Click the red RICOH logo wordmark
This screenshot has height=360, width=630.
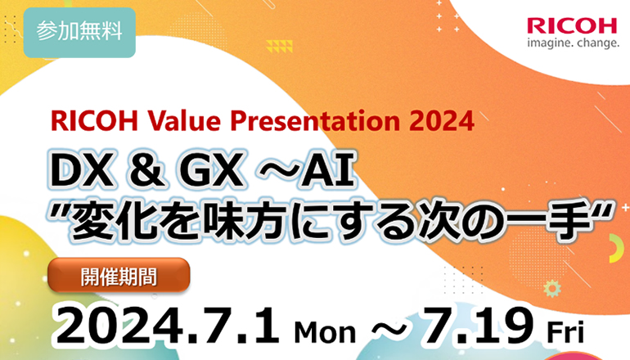(572, 26)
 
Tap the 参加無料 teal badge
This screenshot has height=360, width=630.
(79, 32)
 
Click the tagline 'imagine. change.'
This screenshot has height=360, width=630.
(573, 43)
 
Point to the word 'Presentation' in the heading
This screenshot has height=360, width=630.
(315, 121)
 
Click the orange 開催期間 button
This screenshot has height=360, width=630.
(119, 275)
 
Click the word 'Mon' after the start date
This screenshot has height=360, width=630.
(325, 332)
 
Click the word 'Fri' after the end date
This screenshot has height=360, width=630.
(565, 332)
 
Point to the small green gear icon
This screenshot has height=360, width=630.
(551, 289)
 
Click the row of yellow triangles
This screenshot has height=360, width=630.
(279, 46)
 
